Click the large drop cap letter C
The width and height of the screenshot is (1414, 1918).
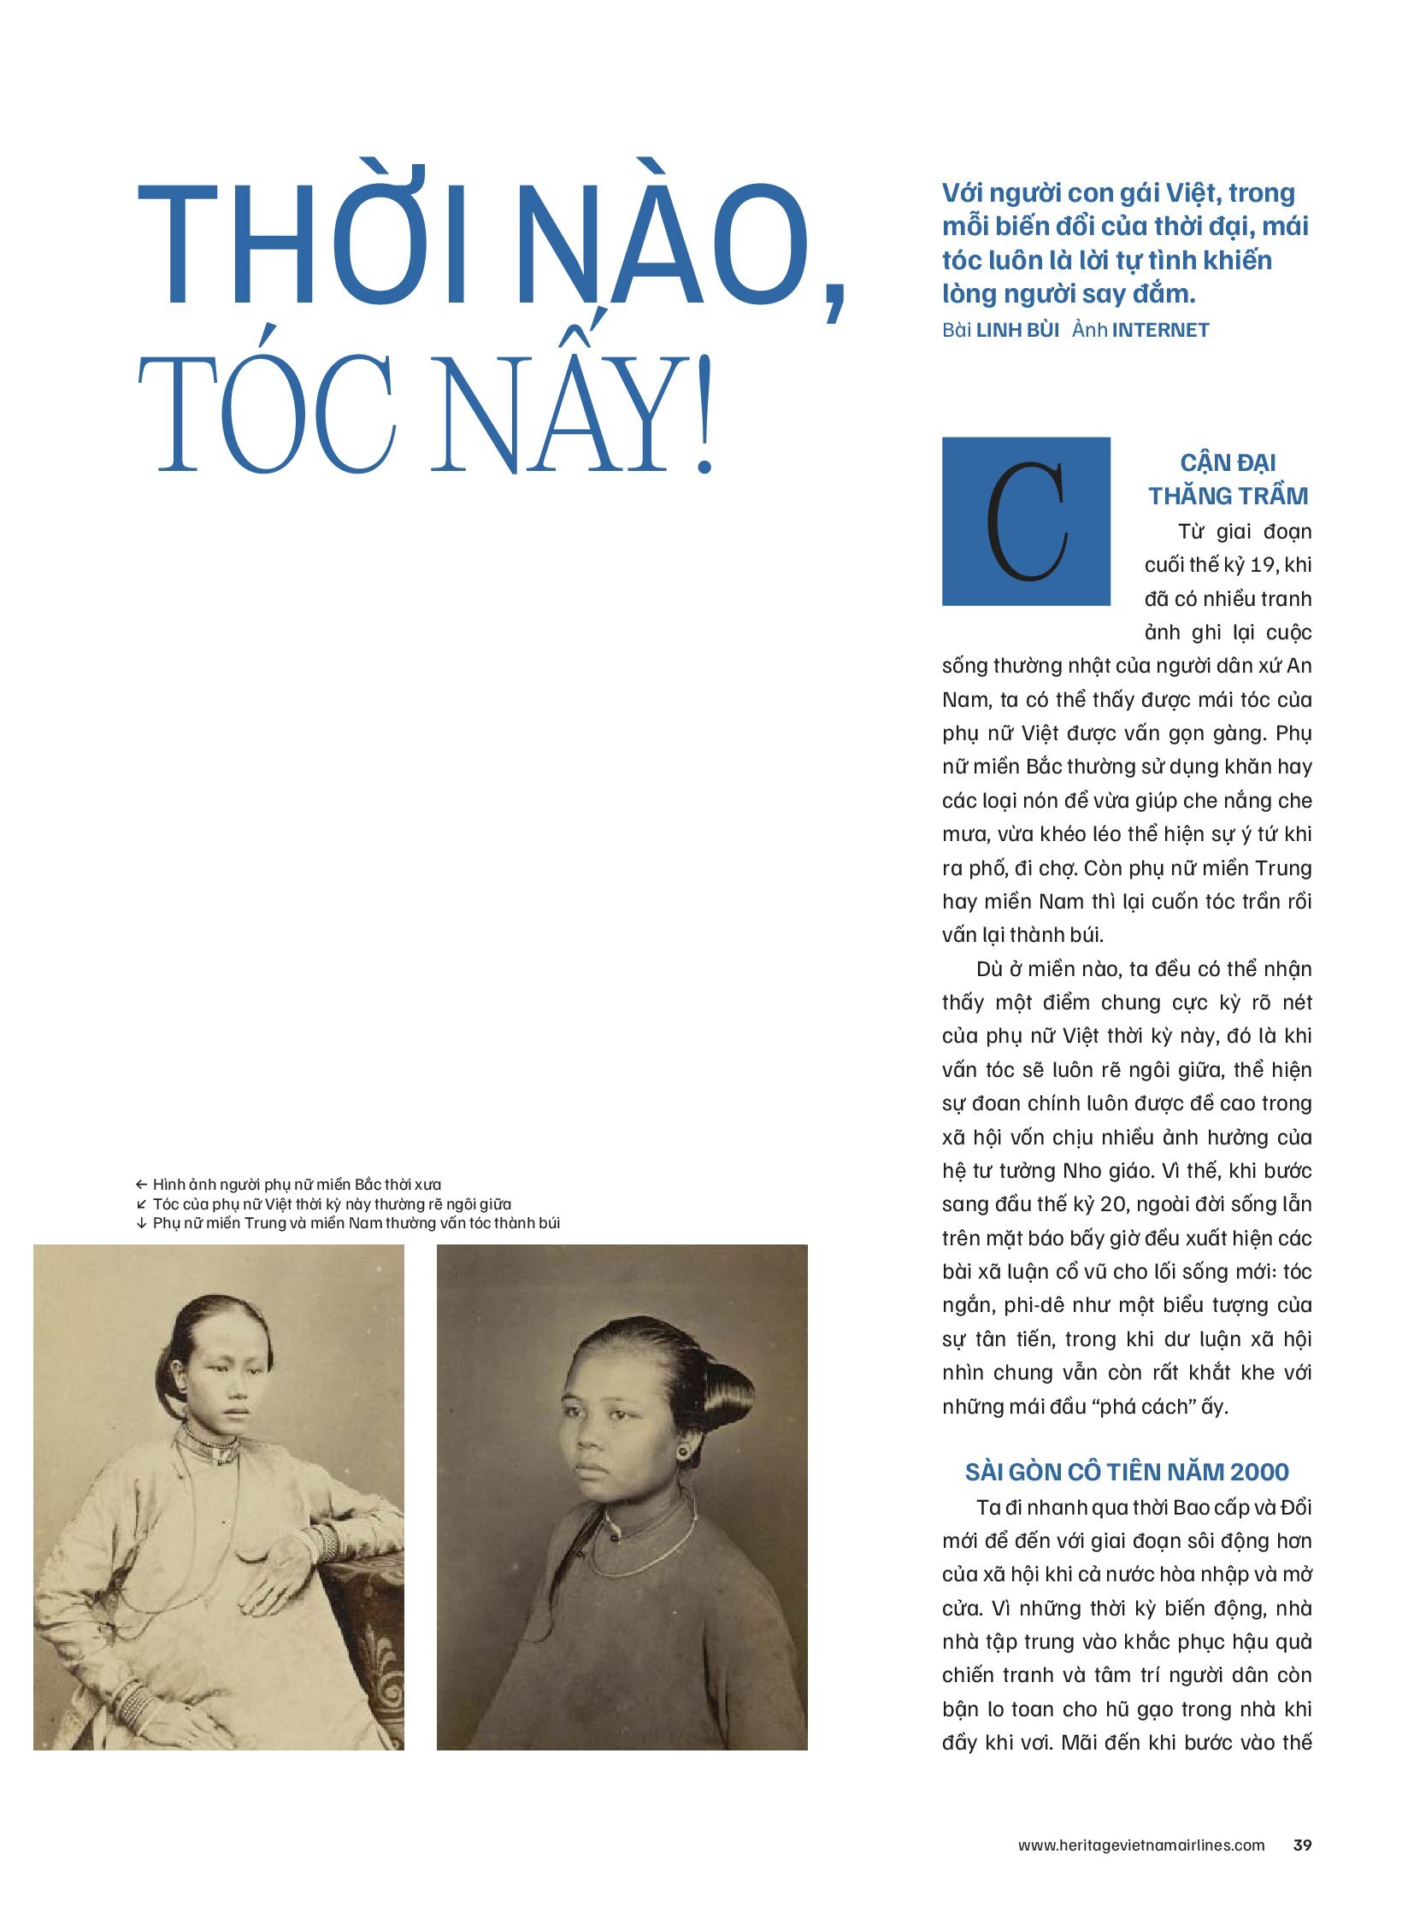(x=1025, y=521)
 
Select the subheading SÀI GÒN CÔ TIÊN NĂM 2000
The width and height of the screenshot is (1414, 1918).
(x=1127, y=1471)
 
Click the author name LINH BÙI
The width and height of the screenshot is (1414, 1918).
(x=1017, y=330)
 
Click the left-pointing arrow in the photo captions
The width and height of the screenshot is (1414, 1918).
(x=142, y=1185)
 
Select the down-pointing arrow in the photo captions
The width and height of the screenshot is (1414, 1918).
(x=142, y=1223)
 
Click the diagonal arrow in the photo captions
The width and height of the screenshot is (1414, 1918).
(x=142, y=1204)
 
